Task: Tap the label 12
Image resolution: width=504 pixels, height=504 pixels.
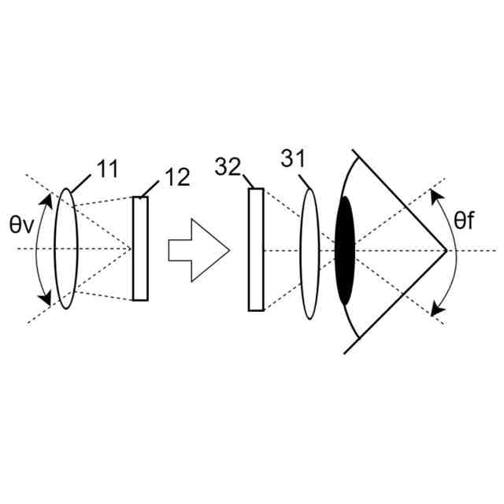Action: [178, 177]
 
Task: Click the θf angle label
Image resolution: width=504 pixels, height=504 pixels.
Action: [465, 220]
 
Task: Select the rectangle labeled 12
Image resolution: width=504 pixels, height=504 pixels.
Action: [140, 249]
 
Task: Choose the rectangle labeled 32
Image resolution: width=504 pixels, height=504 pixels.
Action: [256, 250]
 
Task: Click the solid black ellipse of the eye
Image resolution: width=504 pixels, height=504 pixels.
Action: [345, 250]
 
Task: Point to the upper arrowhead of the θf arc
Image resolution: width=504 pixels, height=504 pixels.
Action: [435, 193]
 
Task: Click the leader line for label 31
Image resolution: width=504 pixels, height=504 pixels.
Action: [305, 180]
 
